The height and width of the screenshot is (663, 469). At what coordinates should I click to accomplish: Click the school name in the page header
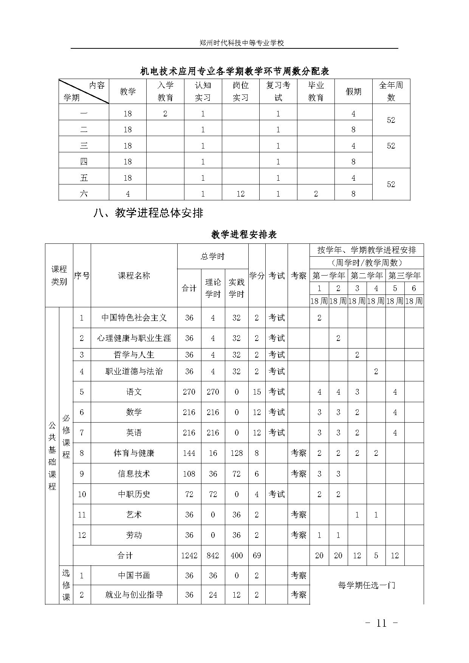click(241, 43)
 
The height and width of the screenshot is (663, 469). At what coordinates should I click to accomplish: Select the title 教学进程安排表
click(244, 234)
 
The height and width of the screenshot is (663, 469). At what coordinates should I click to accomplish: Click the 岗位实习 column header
click(240, 91)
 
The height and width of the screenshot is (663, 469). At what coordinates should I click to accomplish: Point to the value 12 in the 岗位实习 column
click(240, 194)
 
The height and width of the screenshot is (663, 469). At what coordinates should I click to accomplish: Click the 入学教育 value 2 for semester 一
click(165, 114)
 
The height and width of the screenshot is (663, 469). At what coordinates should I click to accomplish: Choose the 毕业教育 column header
click(316, 91)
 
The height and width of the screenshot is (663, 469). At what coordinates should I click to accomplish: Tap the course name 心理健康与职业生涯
click(134, 338)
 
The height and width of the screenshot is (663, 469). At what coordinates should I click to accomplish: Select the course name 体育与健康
click(134, 453)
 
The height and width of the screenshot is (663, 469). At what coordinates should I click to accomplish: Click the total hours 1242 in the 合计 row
click(189, 555)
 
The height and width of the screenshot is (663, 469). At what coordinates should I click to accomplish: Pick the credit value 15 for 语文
click(257, 392)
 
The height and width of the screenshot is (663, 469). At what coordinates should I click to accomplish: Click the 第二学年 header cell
click(366, 276)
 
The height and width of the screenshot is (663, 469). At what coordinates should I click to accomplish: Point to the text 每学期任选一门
click(366, 585)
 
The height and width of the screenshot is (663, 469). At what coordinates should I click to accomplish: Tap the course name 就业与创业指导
click(134, 595)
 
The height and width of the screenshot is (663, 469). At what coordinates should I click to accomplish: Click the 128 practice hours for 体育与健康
click(237, 453)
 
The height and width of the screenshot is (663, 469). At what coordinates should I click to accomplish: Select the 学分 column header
click(257, 276)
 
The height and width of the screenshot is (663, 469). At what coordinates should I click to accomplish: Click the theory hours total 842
click(213, 555)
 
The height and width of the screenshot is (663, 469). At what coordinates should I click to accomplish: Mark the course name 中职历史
click(134, 494)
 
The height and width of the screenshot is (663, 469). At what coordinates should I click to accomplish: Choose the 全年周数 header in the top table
click(391, 91)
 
